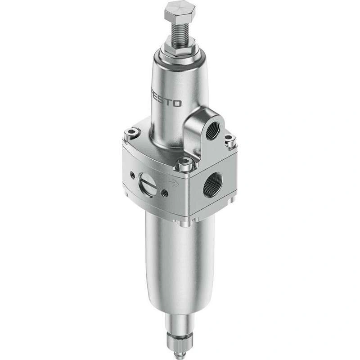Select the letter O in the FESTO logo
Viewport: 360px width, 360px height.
tap(177, 103)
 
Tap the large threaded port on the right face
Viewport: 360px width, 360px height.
tap(212, 185)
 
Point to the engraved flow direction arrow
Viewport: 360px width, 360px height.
tap(174, 183)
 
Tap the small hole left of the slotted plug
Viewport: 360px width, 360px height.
tap(133, 175)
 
